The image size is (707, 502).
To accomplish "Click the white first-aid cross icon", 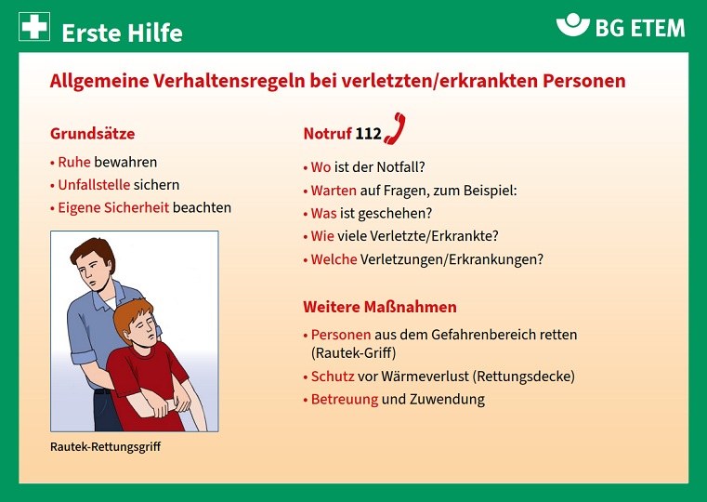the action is [34, 27].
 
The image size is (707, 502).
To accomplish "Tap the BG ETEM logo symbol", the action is [572, 24].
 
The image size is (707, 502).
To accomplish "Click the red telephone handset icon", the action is [395, 128].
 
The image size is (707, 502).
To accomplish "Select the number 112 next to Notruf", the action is [369, 134].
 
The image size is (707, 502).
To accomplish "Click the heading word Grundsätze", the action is [92, 134].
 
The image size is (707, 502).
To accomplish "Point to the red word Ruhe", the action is [74, 162].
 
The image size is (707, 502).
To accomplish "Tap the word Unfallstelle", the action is [94, 184].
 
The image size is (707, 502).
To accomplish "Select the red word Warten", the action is [334, 191].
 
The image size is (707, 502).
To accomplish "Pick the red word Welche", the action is [334, 259].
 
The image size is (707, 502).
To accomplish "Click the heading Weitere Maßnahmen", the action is [380, 307].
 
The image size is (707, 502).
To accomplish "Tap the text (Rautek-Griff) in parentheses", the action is [353, 352].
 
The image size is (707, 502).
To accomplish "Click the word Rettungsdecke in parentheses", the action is [524, 376].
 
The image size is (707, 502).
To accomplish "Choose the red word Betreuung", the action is [345, 399].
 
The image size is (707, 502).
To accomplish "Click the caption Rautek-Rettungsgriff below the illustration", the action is [106, 446].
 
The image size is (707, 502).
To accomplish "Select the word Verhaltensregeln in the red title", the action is [229, 81].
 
